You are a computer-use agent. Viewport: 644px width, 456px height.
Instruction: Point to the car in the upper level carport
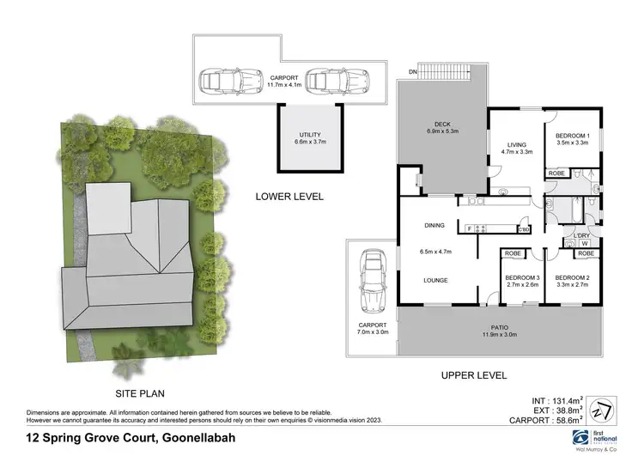coord(372,281)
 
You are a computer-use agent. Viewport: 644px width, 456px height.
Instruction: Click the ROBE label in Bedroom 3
coord(514,254)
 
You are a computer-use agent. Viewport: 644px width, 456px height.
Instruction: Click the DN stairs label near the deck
coord(412,71)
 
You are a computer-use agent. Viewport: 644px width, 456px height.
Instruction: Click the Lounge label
coord(438,279)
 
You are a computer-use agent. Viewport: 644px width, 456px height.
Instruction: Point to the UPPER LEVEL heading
coord(473,375)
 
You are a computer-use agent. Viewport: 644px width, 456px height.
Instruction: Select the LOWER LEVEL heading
coord(289,197)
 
